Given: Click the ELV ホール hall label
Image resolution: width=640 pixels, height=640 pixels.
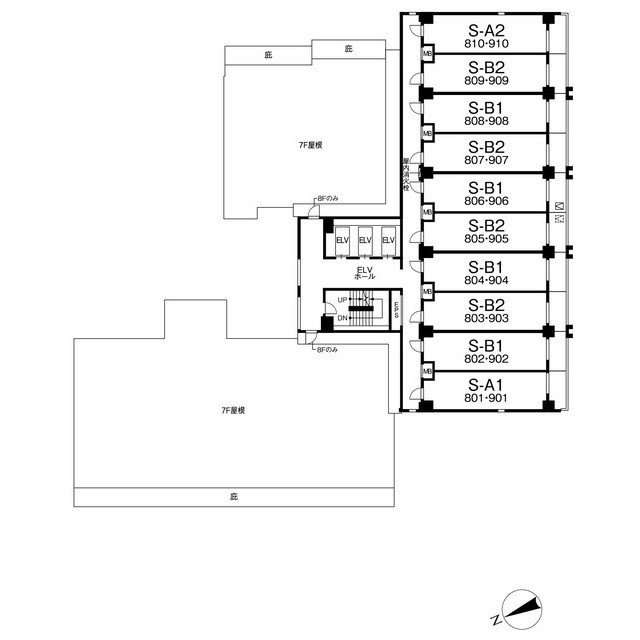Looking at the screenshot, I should click(364, 272).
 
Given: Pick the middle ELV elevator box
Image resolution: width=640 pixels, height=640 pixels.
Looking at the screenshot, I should click(364, 241).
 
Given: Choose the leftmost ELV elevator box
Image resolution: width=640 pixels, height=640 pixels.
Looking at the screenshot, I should click(341, 241).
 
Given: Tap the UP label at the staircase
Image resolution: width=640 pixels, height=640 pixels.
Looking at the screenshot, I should click(342, 299).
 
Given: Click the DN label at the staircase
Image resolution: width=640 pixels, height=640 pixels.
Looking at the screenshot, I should click(342, 318).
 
